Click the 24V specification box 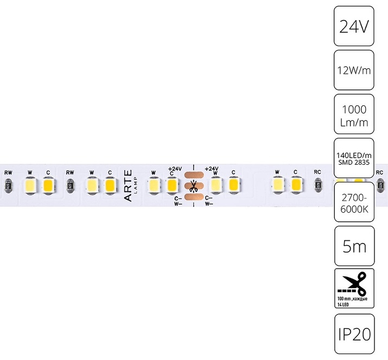(x=354, y=26)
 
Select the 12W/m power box (x=354, y=70)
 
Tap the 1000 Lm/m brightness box (x=354, y=114)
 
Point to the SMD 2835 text (x=354, y=163)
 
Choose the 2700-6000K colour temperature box (x=354, y=202)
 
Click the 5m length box (x=354, y=246)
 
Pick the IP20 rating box (x=354, y=334)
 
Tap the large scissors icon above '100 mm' (x=352, y=284)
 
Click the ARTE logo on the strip (x=128, y=185)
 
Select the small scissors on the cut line (x=193, y=187)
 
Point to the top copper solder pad (x=194, y=175)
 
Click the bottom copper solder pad (x=194, y=197)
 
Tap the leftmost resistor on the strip (x=8, y=185)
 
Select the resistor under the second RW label (x=70, y=185)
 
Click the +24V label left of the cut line (x=175, y=169)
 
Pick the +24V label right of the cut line (x=212, y=169)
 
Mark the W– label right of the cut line (x=208, y=204)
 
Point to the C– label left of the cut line (x=178, y=198)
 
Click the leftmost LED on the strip (x=30, y=185)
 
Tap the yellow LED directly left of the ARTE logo (x=110, y=185)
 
